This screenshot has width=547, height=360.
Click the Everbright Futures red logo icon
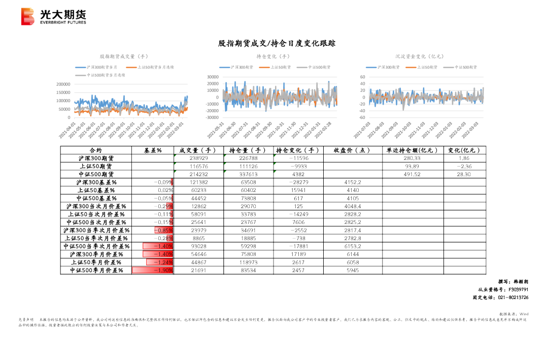click(28, 17)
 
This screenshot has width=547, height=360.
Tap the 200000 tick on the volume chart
click(63, 84)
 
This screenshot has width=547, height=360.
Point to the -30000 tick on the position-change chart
click(212, 117)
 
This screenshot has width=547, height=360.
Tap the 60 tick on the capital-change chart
click(362, 77)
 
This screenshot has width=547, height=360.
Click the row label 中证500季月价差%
click(96, 270)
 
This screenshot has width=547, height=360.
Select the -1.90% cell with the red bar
click(153, 270)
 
